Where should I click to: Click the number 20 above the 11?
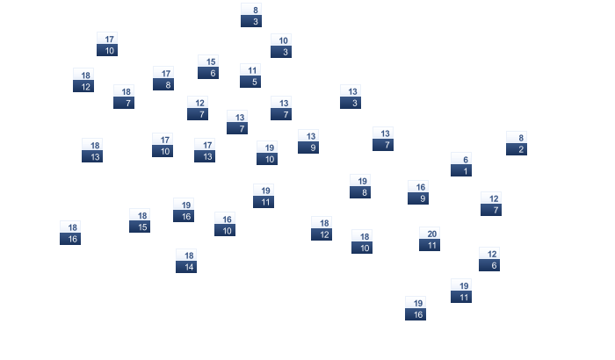point(430,234)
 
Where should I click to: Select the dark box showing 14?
point(186,267)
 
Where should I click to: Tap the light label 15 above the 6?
point(208,61)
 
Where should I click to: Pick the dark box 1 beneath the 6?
point(461,170)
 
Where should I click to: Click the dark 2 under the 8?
point(517,149)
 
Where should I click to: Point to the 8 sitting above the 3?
point(251,10)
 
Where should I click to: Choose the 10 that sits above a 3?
point(281,40)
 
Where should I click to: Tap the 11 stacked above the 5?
point(250,69)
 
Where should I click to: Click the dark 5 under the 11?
point(250,82)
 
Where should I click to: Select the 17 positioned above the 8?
point(163,73)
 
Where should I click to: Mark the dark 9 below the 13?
point(308,148)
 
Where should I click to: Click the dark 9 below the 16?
point(418,198)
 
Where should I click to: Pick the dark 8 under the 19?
point(360,192)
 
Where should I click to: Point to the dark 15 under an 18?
point(140,227)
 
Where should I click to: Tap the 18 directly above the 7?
point(124,91)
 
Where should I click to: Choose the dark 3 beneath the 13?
point(351,103)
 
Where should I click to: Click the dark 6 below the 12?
point(489,265)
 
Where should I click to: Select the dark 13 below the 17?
point(205,156)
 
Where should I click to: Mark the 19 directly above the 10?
point(267,147)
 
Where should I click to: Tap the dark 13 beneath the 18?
point(92,156)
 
